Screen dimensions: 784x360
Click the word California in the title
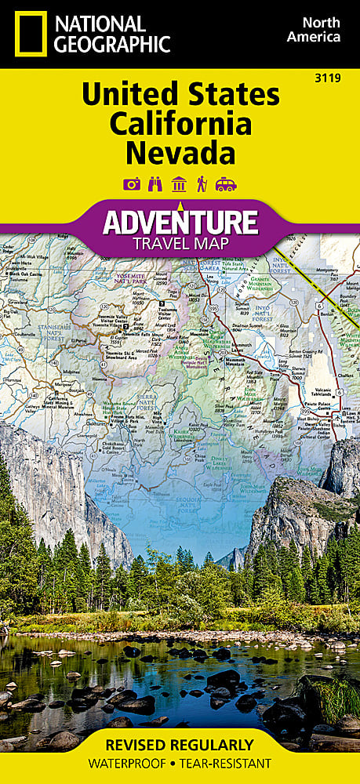pos(180,123)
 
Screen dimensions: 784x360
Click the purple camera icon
pos(132,183)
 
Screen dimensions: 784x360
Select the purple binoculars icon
pos(155,183)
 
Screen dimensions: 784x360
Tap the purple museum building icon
pos(179,183)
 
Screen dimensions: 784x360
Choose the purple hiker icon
pos(202,183)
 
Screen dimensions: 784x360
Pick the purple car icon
pos(226,183)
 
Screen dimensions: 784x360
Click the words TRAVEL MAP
pos(180,243)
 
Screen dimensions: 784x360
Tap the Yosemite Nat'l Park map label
pos(133,278)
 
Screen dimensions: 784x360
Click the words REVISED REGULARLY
pos(180,744)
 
